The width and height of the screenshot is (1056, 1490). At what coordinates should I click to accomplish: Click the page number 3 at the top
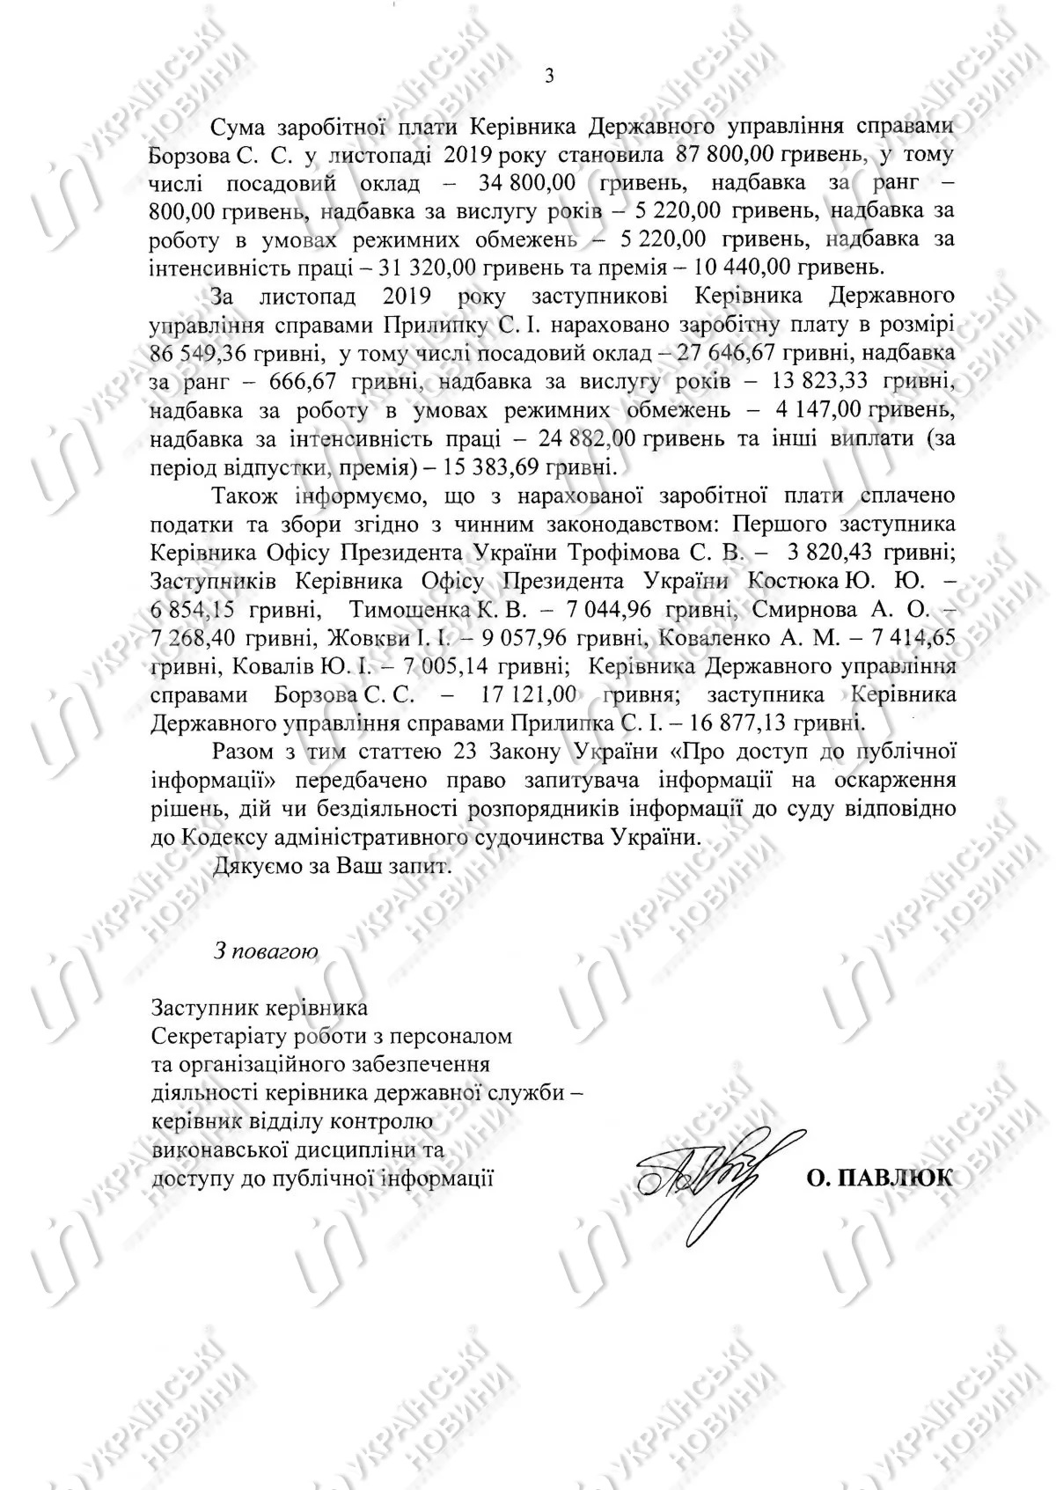tap(550, 77)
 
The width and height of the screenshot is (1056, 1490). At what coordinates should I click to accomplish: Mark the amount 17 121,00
tap(527, 694)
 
